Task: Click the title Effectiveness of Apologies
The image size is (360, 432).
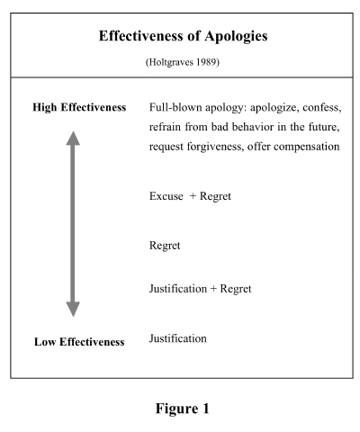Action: (183, 36)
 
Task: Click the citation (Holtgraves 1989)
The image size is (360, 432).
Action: (183, 62)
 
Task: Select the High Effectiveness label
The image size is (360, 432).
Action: (79, 107)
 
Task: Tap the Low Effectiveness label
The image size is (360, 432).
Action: (79, 342)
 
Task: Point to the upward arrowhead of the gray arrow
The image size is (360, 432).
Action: (73, 138)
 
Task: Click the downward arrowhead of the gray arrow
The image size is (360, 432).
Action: (73, 310)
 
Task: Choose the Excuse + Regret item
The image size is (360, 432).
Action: (190, 196)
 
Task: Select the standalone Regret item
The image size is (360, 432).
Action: (165, 246)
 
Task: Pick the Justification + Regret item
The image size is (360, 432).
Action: (201, 289)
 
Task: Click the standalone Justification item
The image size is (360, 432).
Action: (178, 338)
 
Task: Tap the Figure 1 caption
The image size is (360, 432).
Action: (182, 409)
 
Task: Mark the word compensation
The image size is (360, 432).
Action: (307, 147)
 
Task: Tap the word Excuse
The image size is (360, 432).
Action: (166, 196)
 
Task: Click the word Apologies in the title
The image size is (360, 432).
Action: (236, 37)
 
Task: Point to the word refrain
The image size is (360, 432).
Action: (165, 127)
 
